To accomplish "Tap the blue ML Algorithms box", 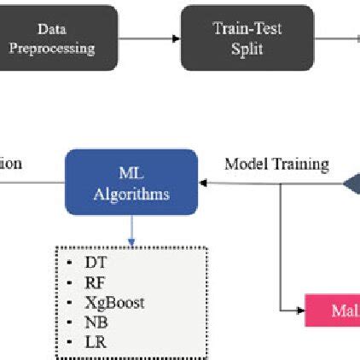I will [x=131, y=183].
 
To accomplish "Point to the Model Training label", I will [x=276, y=164].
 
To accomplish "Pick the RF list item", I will [x=95, y=282].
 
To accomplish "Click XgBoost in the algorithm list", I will [x=114, y=302].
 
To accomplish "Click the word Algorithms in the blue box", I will [x=131, y=194].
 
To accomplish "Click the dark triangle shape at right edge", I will [x=352, y=183].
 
